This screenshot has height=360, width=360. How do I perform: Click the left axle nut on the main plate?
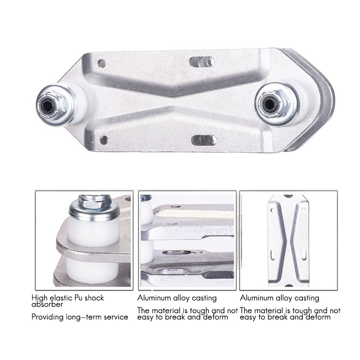click(49, 106)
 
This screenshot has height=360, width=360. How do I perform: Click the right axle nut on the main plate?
click(270, 104)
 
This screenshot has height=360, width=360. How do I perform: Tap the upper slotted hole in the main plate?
click(202, 62)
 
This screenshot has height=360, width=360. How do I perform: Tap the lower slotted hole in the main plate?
click(204, 140)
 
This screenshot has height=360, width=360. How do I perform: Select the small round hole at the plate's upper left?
click(102, 63)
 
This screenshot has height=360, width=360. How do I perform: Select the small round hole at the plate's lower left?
click(104, 140)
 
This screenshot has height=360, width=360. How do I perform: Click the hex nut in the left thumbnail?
click(94, 201)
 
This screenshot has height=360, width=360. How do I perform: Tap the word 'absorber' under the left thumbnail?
click(47, 305)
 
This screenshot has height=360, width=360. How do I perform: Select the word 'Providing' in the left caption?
click(48, 317)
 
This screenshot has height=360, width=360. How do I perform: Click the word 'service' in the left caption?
click(116, 317)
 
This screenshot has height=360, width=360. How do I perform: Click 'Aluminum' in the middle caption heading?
click(154, 298)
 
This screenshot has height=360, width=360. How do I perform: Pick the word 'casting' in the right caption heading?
click(307, 298)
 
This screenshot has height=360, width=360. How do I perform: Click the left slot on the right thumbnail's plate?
click(273, 255)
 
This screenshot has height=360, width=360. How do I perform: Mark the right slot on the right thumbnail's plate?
click(304, 255)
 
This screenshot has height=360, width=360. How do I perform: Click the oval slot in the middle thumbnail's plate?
click(177, 252)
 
